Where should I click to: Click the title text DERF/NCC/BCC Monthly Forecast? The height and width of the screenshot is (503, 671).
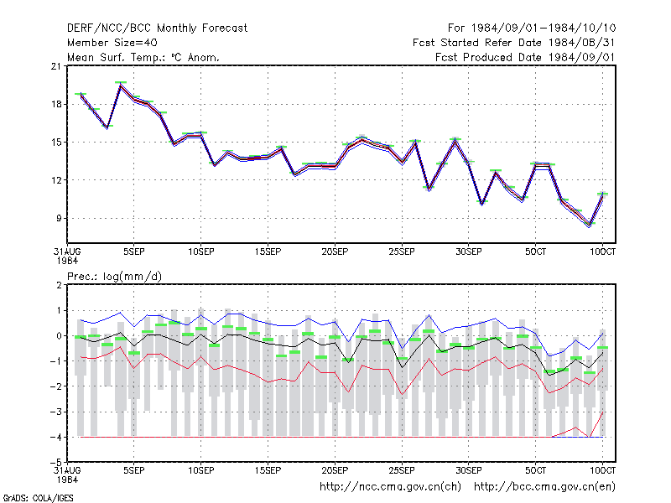tap(157, 29)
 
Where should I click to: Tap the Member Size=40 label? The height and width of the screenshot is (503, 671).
tap(112, 43)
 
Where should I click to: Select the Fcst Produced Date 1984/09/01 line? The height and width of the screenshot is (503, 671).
tap(525, 57)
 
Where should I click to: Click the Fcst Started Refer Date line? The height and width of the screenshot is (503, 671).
tap(514, 43)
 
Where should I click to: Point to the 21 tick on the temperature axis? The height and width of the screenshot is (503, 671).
tap(56, 66)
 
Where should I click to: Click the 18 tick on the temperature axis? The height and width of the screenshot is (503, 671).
tap(56, 104)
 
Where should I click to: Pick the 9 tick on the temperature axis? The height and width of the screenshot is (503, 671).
tap(59, 218)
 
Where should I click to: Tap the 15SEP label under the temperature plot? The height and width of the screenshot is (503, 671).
tap(268, 251)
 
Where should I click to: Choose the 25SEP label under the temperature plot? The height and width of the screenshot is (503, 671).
tap(402, 251)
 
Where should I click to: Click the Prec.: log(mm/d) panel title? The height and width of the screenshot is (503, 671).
tap(115, 277)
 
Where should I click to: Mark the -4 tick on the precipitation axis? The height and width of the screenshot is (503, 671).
tap(56, 437)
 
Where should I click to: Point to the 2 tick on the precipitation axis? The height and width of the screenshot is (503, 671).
tap(59, 285)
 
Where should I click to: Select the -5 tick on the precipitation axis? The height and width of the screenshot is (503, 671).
tap(56, 463)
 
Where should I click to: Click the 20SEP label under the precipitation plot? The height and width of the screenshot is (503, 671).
tap(335, 470)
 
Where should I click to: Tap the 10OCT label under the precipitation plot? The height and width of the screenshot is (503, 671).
tap(602, 470)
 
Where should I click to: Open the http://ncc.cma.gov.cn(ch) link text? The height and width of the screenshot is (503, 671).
tap(390, 487)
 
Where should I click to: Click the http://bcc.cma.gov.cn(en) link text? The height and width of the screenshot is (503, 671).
tap(544, 487)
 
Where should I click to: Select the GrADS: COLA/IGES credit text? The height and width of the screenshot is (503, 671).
tap(38, 498)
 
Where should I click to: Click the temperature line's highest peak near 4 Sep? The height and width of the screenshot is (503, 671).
tap(121, 86)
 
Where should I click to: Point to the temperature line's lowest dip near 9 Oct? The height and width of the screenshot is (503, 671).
tap(590, 225)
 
